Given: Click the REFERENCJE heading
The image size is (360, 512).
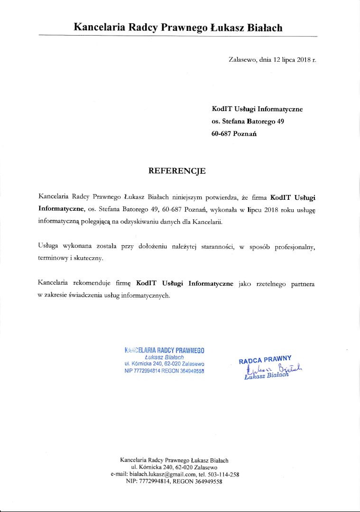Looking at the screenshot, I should click(x=177, y=171).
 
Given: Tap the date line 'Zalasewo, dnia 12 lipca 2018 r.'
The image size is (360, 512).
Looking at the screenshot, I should click(x=272, y=60).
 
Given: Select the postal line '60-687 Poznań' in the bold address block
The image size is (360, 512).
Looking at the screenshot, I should click(x=234, y=134).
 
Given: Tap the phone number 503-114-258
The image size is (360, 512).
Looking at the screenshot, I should click(x=224, y=474).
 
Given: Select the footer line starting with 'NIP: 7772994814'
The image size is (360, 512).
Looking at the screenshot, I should click(x=174, y=481).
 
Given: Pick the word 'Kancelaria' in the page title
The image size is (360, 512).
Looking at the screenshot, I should click(x=100, y=28).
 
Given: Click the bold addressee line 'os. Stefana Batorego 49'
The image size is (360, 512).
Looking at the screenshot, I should click(x=248, y=121).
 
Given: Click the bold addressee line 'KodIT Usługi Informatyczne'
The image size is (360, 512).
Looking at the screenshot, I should click(x=257, y=109).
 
